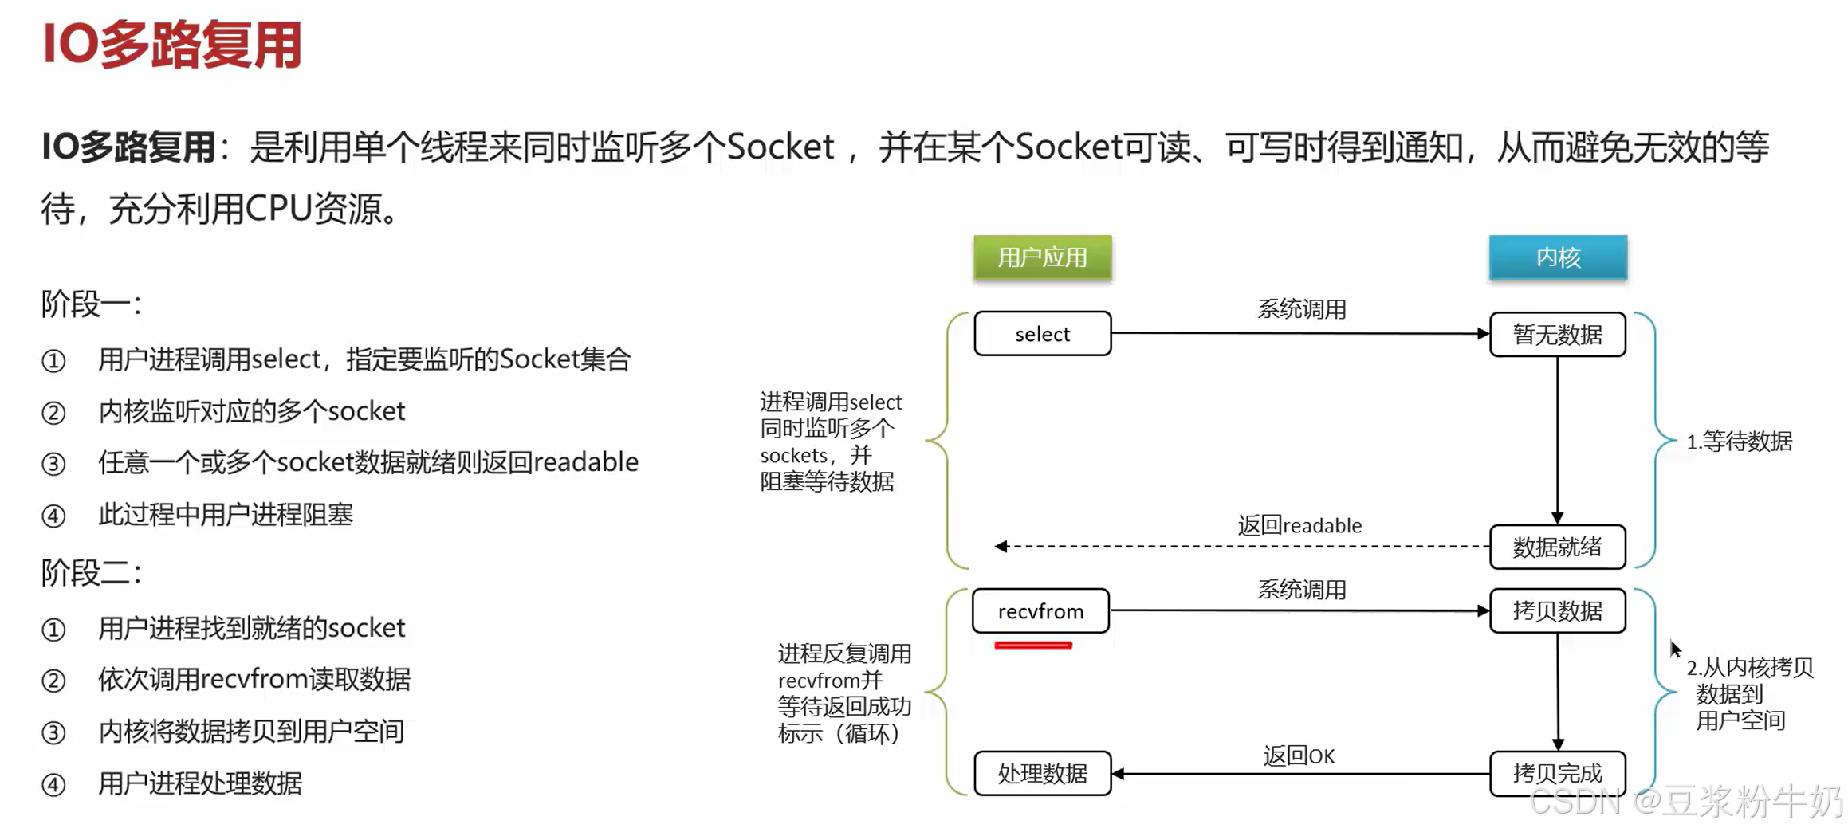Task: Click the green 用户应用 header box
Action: (x=1042, y=257)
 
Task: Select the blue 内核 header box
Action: (x=1557, y=257)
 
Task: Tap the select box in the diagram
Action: (x=1042, y=334)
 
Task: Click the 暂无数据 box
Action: (x=1557, y=335)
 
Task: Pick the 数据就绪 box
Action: (x=1557, y=547)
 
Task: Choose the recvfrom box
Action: (x=1040, y=611)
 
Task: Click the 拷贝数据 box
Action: (x=1557, y=611)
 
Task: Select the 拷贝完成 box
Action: (x=1557, y=773)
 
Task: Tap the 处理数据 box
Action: (x=1042, y=773)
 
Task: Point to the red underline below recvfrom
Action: (x=1032, y=645)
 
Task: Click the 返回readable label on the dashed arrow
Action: (x=1299, y=525)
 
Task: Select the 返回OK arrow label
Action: (x=1299, y=755)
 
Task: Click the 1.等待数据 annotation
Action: (x=1739, y=441)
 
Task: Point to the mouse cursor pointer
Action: (x=1675, y=649)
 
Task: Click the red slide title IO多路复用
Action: (x=172, y=45)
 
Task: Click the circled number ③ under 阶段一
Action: (x=53, y=464)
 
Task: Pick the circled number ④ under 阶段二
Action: (x=53, y=785)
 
